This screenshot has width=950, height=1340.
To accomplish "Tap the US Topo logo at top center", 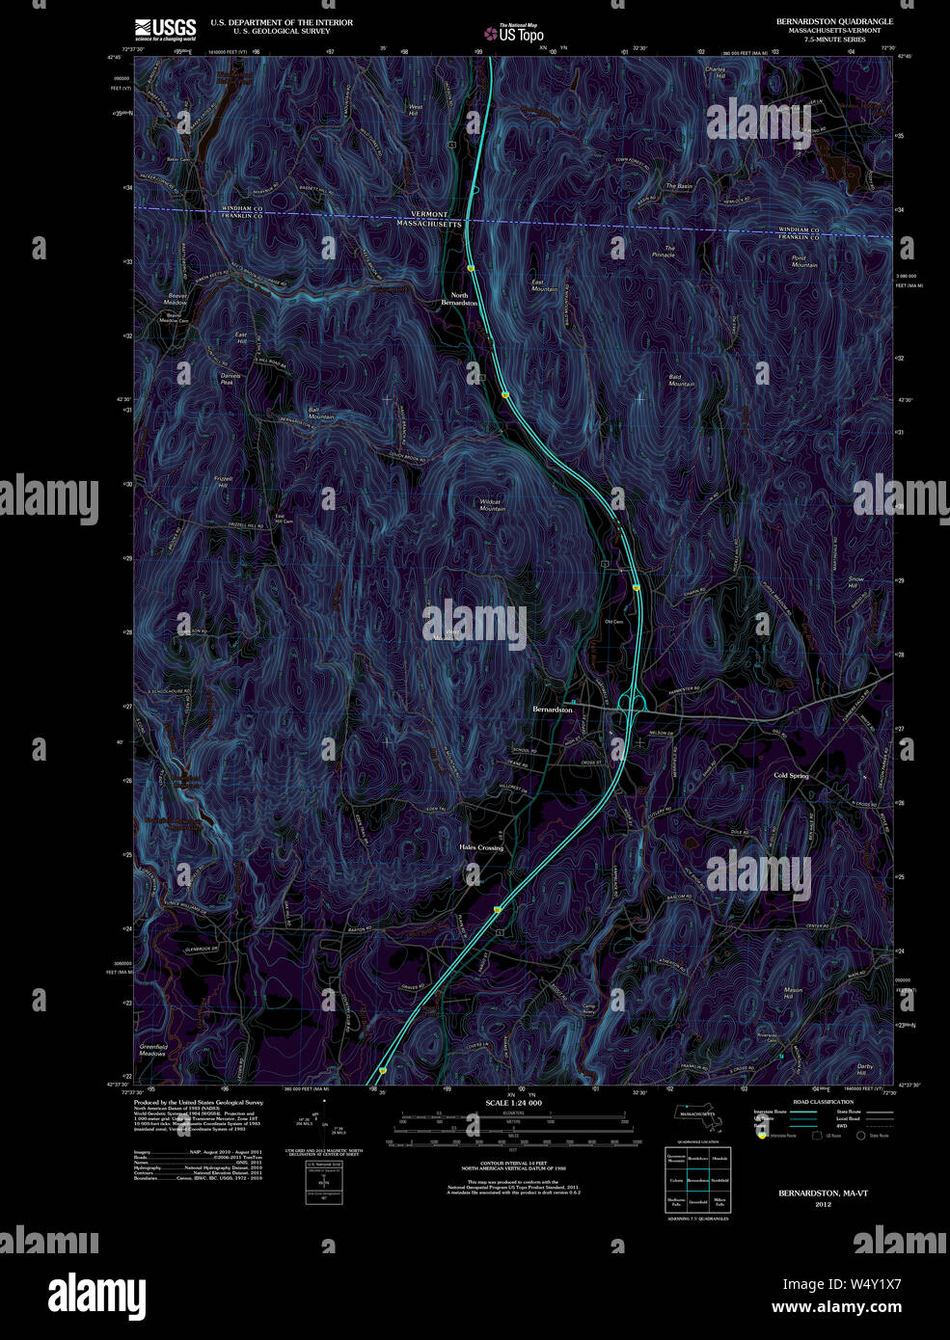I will (514, 34).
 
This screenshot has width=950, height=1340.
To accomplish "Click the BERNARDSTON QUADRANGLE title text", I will (834, 21).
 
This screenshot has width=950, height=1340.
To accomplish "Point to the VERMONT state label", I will (429, 214).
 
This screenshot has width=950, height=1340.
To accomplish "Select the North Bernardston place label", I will (459, 299).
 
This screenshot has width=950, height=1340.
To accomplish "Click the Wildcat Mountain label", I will (492, 505).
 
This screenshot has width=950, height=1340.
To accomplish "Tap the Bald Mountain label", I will (681, 380).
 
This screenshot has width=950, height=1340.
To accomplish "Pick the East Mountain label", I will (544, 285).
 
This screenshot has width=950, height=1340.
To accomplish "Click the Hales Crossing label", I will (481, 847).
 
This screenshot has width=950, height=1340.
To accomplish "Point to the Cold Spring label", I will (791, 775).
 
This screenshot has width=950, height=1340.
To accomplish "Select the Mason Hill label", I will (793, 993).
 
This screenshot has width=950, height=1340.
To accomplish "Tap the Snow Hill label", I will (855, 582).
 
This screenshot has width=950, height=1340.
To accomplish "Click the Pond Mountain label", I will (804, 261).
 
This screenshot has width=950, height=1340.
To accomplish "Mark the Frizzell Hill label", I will (224, 482).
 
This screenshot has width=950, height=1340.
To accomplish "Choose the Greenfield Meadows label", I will (153, 1050).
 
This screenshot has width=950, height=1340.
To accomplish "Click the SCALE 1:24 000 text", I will (513, 1103).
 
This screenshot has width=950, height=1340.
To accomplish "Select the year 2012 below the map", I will (823, 1204).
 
